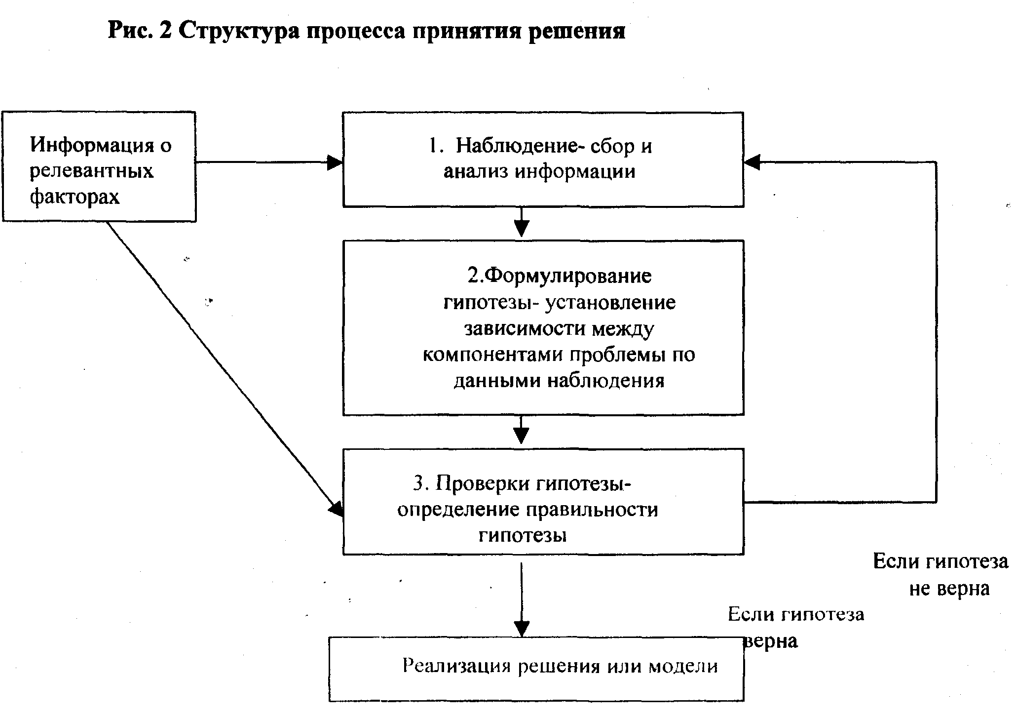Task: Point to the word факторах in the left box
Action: [x=75, y=197]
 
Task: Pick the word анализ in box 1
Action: [x=476, y=172]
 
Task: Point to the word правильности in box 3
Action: [x=592, y=510]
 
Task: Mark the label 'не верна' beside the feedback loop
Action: [x=949, y=589]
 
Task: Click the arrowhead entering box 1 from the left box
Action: [x=336, y=162]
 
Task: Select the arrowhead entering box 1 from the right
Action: [x=752, y=162]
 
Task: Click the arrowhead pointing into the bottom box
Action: [x=522, y=629]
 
